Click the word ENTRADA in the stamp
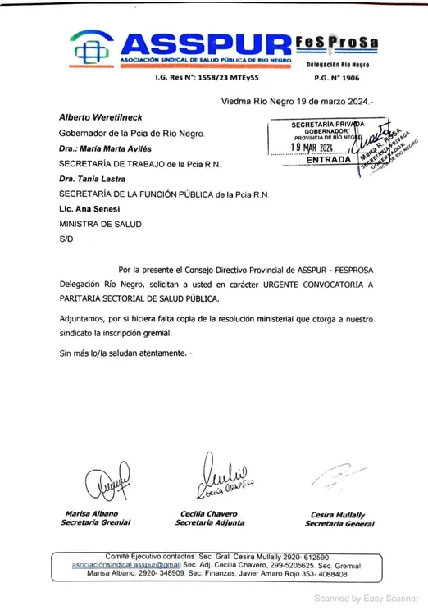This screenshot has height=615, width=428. point(328,160)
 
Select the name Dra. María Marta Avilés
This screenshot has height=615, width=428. point(102,149)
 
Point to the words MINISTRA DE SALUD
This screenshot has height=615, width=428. point(101,224)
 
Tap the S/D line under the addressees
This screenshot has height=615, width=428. point(66,239)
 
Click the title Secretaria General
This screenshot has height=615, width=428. point(334,523)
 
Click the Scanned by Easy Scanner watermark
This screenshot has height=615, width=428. point(367,598)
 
